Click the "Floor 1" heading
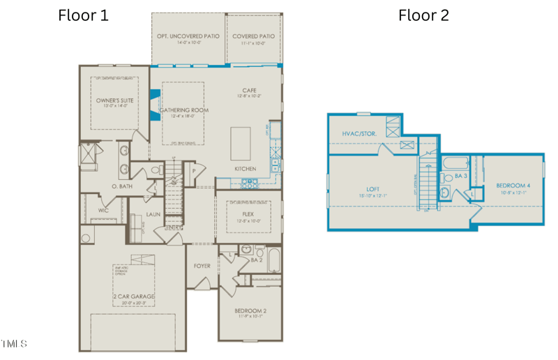pos(83,15)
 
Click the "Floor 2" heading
pos(423,15)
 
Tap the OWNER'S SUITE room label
pos(114,101)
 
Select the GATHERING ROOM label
pos(184,110)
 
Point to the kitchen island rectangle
pos(241,143)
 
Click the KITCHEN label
pos(245,169)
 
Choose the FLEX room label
pos(248,215)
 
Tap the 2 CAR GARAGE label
pos(133,297)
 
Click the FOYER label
pos(202,266)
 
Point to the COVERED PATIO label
pos(253,36)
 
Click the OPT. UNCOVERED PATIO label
pos(189,36)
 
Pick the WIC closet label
pos(103,209)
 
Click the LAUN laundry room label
pos(153,214)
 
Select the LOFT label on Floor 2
pos(372,188)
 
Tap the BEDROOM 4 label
pos(513,186)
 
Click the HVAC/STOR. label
pos(359,134)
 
